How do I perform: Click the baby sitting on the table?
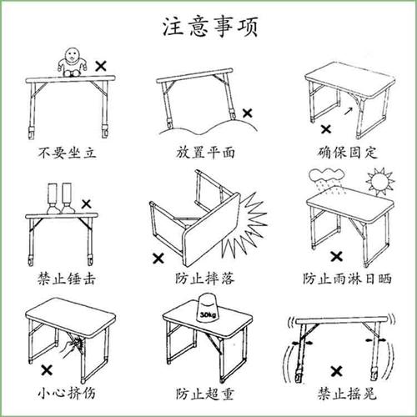[73, 62]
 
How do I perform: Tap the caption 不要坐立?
[71, 153]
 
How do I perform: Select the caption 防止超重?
[205, 393]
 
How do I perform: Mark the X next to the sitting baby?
[101, 63]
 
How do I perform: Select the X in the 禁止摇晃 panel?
[338, 369]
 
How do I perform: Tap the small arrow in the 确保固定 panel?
[349, 109]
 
